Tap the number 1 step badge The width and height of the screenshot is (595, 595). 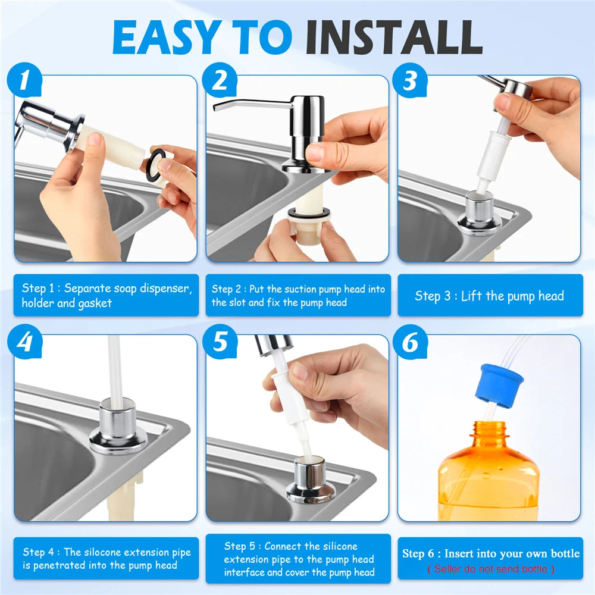[x=24, y=80]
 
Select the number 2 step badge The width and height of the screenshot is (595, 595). [x=220, y=80]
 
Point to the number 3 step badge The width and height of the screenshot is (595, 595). [x=410, y=80]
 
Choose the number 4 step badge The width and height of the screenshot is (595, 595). [x=24, y=342]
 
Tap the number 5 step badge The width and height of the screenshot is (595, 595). [x=220, y=342]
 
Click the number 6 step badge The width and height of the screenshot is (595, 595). [x=410, y=342]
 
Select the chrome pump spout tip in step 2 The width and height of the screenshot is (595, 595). [x=216, y=107]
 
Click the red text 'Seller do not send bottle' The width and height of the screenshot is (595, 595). [x=490, y=569]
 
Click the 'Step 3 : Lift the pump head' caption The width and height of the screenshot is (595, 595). [x=490, y=296]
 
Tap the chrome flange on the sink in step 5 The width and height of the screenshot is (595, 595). [x=311, y=480]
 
